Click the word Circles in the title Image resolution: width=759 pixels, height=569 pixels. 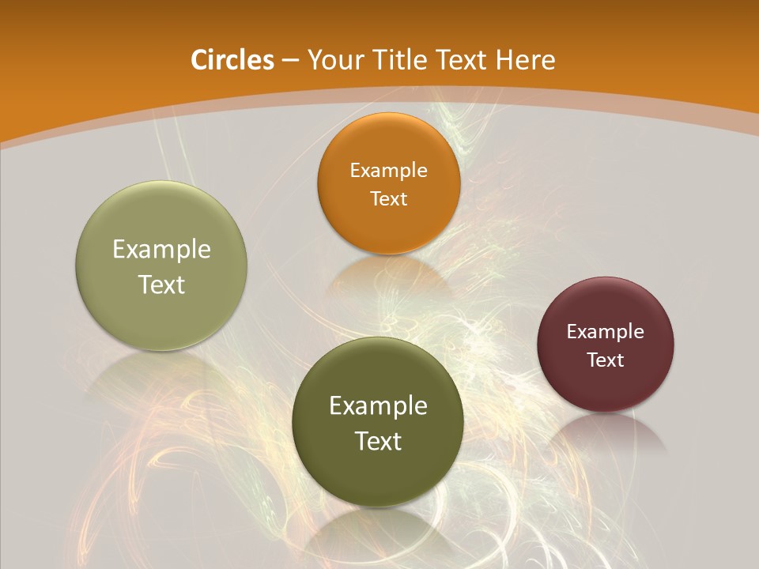point(232,60)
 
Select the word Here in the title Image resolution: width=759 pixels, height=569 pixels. point(526,60)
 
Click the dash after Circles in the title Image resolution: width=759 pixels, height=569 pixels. point(290,61)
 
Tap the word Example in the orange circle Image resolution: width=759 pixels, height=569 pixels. point(388,171)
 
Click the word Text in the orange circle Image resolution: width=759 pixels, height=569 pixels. point(388,199)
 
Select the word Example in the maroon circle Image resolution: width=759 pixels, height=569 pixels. point(605,332)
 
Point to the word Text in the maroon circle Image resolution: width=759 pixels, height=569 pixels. point(605,360)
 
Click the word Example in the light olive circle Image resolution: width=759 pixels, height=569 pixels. point(161,250)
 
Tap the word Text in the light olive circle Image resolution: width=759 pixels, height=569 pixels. point(161,284)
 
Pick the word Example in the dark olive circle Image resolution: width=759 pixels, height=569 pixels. point(378,406)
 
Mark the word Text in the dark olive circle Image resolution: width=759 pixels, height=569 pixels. point(378,441)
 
